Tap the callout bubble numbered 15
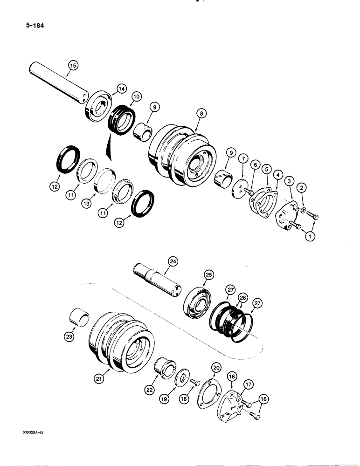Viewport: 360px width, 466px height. click(x=72, y=65)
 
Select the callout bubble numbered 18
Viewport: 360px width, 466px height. click(x=231, y=376)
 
